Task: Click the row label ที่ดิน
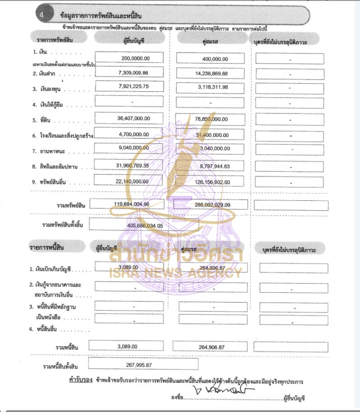click(x=45, y=120)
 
